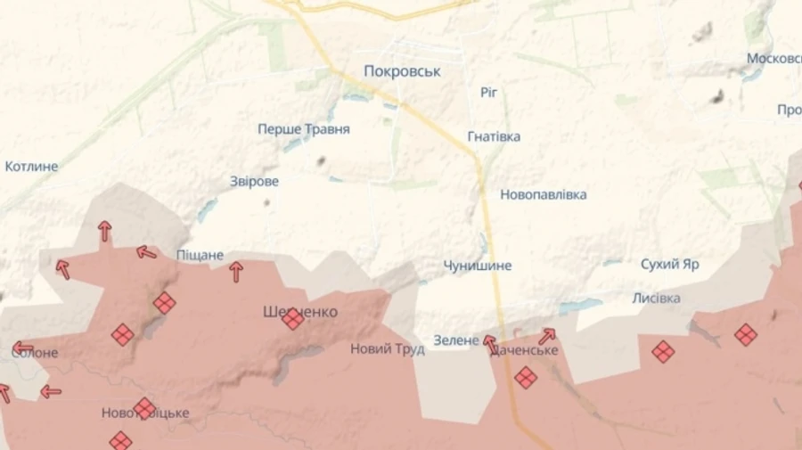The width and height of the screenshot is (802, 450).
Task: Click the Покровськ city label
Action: [403, 71]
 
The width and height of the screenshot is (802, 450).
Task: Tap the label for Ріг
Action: [488, 92]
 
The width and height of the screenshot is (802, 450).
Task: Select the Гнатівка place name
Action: [494, 136]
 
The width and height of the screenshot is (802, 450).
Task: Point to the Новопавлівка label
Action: [543, 194]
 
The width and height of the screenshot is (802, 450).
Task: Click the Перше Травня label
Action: [304, 129]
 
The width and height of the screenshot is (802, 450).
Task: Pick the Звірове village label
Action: [255, 182]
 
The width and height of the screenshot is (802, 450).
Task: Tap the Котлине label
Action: [31, 167]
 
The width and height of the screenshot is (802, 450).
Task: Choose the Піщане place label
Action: [200, 255]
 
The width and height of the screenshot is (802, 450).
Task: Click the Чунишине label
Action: [478, 266]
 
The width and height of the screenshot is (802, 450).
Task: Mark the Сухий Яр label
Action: [670, 265]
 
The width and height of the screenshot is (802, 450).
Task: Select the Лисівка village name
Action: [657, 298]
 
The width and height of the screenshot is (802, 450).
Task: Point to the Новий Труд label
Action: [387, 349]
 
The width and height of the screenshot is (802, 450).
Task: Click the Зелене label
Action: [456, 340]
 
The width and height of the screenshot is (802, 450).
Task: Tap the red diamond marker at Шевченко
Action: [293, 318]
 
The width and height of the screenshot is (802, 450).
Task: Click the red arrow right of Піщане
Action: [236, 271]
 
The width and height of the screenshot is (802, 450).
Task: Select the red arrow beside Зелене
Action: [489, 343]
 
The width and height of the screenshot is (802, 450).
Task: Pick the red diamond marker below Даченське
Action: [526, 377]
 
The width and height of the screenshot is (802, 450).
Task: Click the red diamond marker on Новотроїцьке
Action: [144, 408]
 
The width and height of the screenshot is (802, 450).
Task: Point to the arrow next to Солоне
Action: [22, 348]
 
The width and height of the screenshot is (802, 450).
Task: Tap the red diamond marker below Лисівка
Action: [663, 351]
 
